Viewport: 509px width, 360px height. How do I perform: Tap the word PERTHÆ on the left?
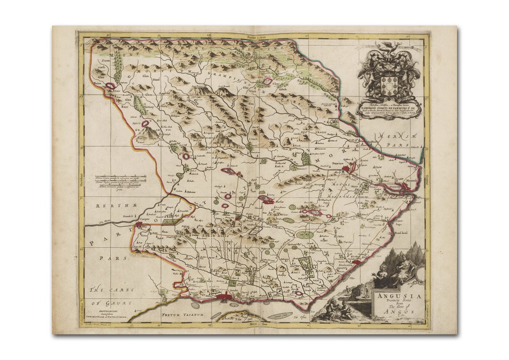pos(112,206)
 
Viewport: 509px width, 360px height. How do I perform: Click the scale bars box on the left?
pos(121,181)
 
